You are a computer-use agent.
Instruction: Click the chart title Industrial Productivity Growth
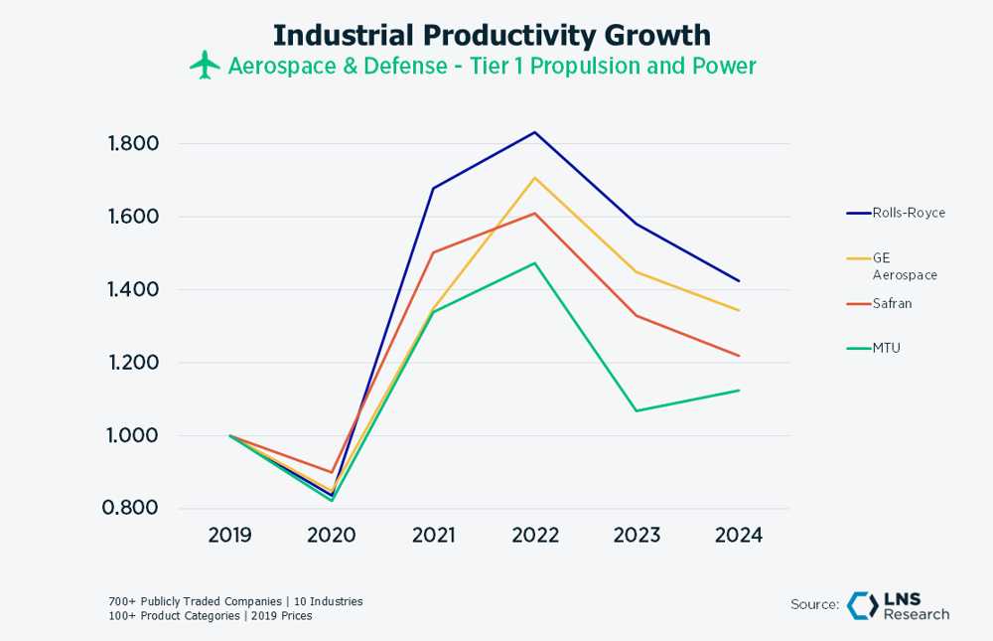(x=492, y=35)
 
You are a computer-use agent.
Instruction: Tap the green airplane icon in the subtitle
(x=206, y=66)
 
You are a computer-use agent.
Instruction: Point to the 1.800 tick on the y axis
(x=133, y=144)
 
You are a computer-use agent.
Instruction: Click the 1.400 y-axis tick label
(x=133, y=290)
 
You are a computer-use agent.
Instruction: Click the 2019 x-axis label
(x=229, y=536)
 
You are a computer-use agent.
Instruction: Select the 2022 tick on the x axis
(x=535, y=536)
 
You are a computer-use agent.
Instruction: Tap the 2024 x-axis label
(x=739, y=536)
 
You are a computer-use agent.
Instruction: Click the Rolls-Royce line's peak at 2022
(x=535, y=132)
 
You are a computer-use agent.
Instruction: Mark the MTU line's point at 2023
(x=637, y=410)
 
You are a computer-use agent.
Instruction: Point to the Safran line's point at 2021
(x=434, y=252)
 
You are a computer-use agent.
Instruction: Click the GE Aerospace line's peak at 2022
(x=535, y=178)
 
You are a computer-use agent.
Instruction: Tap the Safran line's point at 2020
(x=332, y=472)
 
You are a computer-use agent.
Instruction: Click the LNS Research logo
(x=898, y=606)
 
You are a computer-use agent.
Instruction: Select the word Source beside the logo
(x=814, y=605)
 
